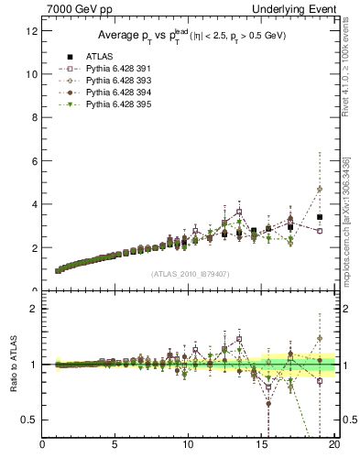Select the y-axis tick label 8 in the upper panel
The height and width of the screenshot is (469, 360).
pyautogui.click(x=33, y=117)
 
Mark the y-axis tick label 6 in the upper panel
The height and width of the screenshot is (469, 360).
pyautogui.click(x=33, y=160)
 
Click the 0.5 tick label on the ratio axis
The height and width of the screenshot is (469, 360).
pyautogui.click(x=28, y=420)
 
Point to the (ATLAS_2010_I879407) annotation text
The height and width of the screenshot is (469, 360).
pyautogui.click(x=190, y=273)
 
